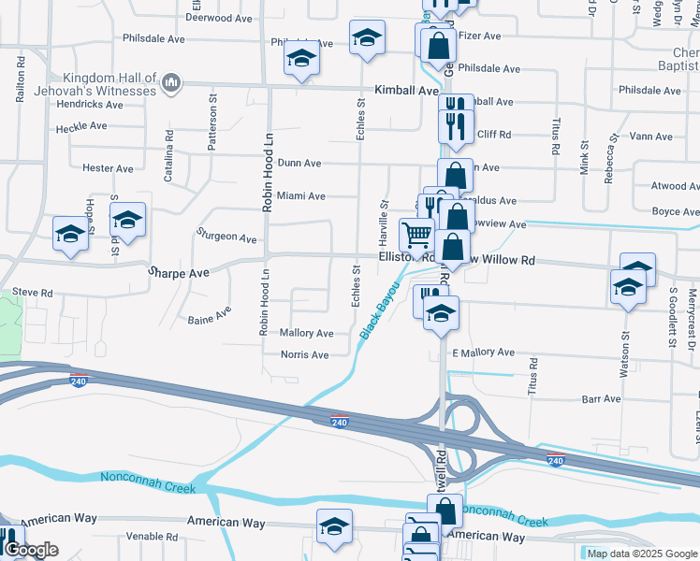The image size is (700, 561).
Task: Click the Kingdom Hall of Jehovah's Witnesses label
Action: [109, 84]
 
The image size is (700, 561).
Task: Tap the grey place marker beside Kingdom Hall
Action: [170, 85]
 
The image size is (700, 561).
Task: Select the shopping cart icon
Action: [416, 234]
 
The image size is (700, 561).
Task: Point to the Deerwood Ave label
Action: [219, 18]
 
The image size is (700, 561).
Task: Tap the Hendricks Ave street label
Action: [90, 105]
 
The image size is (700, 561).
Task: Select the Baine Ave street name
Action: [209, 315]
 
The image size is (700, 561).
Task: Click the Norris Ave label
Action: [305, 355]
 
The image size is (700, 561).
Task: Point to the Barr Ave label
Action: [601, 399]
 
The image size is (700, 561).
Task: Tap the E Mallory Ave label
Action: [483, 352]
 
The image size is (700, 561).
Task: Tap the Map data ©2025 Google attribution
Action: [642, 554]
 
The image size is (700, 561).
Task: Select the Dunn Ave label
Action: [299, 164]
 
